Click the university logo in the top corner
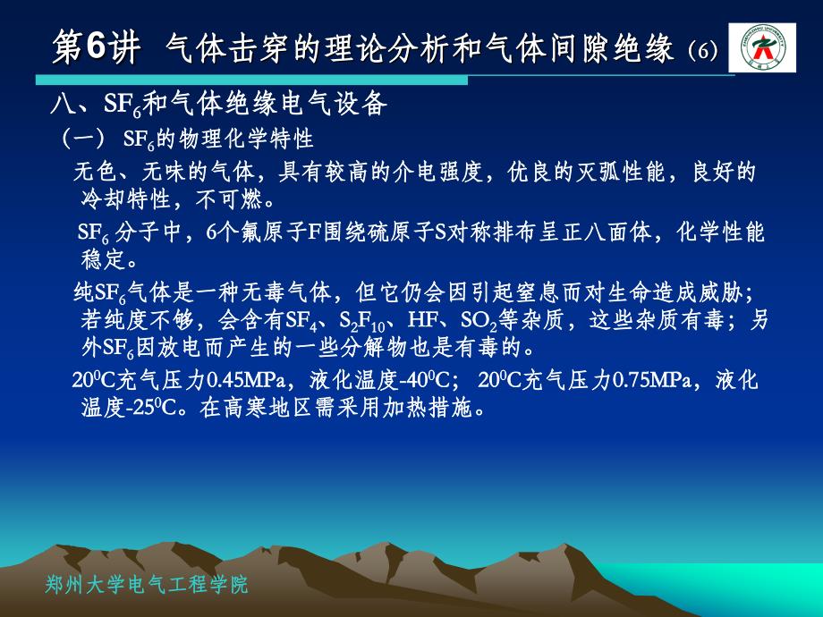762,47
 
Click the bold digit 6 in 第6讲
96,46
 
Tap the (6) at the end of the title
702,50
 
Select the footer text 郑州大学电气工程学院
147,585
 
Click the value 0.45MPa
246,380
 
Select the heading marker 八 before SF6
63,104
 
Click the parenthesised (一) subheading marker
84,139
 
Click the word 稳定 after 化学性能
104,258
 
